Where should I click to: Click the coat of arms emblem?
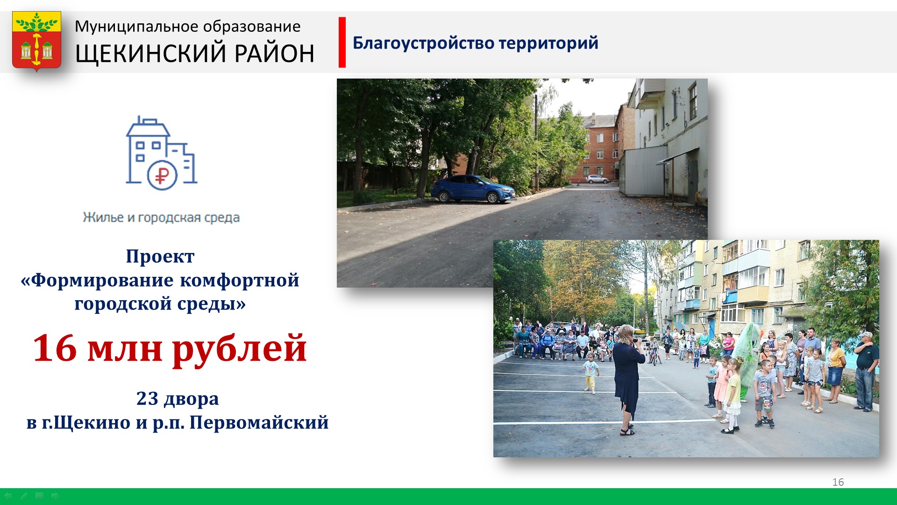pos(36,41)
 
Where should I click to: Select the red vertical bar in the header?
pos(342,43)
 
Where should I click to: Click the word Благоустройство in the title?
pos(424,43)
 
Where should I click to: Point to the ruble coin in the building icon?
pos(162,175)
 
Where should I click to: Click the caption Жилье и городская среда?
pos(161,217)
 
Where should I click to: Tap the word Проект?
pos(160,257)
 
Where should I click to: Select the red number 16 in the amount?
pos(55,348)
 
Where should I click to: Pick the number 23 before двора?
pos(147,399)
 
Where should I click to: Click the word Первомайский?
pos(259,423)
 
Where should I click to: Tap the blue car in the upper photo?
pos(473,189)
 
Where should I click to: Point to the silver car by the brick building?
pos(598,179)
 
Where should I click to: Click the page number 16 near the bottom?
pos(838,482)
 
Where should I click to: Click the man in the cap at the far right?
pos(865,372)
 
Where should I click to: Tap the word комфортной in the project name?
pos(240,280)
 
